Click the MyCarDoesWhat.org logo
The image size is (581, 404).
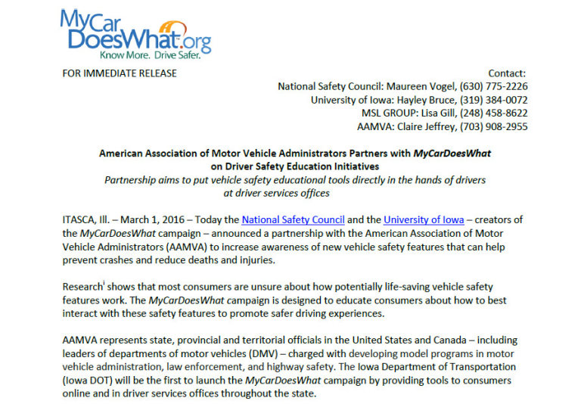(135, 30)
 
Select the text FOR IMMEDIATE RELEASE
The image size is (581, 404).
(120, 73)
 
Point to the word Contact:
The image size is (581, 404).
(507, 73)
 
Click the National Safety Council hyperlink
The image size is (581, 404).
(290, 220)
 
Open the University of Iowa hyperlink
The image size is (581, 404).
(424, 220)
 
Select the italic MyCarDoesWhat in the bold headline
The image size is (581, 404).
(452, 153)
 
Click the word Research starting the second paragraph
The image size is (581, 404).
(82, 287)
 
